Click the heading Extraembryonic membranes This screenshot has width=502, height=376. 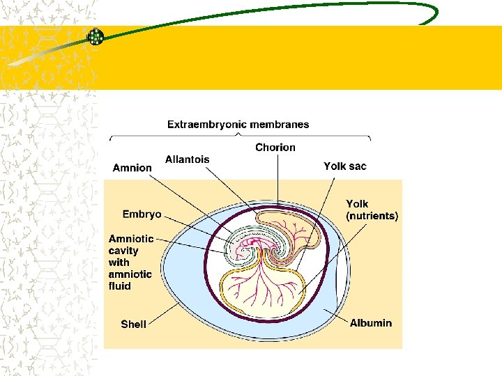point(238,125)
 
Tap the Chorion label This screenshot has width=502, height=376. point(275,147)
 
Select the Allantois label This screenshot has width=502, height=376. point(187,159)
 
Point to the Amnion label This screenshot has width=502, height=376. point(132,168)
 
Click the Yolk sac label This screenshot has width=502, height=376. point(344,166)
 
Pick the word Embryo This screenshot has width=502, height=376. point(142,214)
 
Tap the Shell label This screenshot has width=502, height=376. point(133,324)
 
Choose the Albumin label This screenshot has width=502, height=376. point(371,322)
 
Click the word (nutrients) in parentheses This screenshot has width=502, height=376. point(372,216)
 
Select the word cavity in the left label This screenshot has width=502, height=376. point(123,251)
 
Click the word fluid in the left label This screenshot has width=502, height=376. point(119,285)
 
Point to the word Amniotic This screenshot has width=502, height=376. point(131,239)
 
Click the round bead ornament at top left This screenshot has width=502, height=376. point(95,37)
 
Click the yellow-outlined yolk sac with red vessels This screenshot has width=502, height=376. point(261,285)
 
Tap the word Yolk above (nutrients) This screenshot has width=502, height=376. point(357,204)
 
